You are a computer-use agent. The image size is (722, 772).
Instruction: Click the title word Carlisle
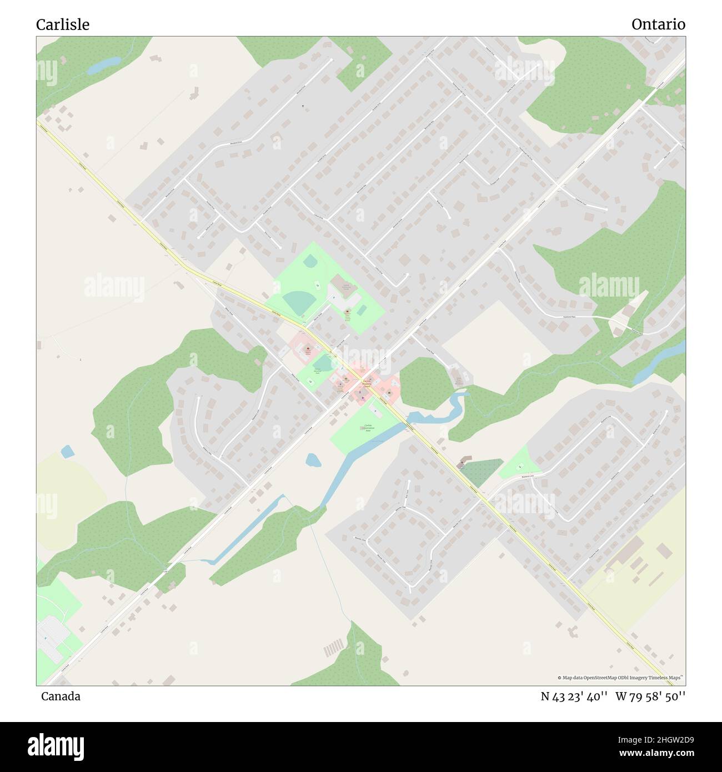coord(63,24)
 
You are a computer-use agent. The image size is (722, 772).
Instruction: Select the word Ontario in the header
coord(658,24)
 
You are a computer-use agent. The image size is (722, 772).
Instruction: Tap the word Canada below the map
coord(61,696)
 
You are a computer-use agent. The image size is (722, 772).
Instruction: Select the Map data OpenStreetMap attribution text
coord(620,678)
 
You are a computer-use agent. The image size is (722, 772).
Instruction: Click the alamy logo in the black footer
coord(56,745)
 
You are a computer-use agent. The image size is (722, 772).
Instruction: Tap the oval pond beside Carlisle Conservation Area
coord(313,460)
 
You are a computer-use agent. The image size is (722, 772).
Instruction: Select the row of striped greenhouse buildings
coord(334,647)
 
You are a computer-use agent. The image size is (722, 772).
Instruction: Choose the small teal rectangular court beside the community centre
coord(361,309)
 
